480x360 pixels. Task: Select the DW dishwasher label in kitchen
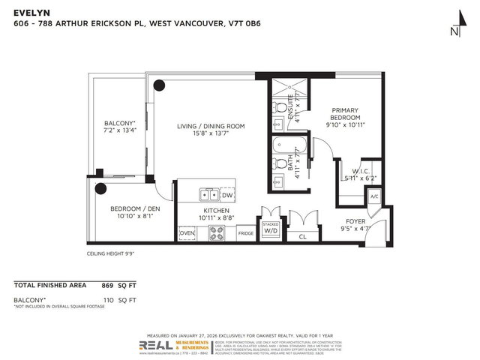[x=227, y=195]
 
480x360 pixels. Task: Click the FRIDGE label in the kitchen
[x=245, y=234]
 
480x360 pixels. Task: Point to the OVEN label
[x=187, y=234]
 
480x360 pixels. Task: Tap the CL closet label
[x=303, y=238]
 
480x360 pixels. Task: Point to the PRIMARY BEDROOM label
[x=346, y=118]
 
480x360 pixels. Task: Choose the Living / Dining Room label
[x=211, y=130]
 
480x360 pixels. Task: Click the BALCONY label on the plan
[x=119, y=127]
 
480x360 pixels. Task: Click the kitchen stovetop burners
[x=217, y=234]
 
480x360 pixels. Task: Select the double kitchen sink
[x=209, y=195]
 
